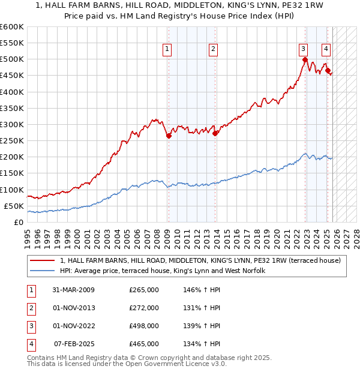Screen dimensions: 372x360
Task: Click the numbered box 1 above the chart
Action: [166, 50]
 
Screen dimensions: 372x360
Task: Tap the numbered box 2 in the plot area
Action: [214, 50]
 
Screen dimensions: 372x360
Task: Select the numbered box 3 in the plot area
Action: [304, 50]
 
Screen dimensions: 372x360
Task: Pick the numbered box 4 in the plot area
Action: [326, 50]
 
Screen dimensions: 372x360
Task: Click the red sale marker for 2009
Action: [169, 136]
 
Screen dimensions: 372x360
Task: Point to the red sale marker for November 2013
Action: [215, 133]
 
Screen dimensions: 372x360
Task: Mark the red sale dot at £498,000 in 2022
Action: [305, 59]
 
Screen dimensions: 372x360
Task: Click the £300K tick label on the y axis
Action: [12, 124]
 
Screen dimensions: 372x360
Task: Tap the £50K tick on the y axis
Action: [14, 206]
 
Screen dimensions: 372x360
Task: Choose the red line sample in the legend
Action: [43, 260]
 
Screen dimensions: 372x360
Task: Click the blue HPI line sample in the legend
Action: [43, 271]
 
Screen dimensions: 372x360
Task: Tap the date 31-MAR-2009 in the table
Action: [73, 290]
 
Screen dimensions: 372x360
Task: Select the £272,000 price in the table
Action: [144, 308]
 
